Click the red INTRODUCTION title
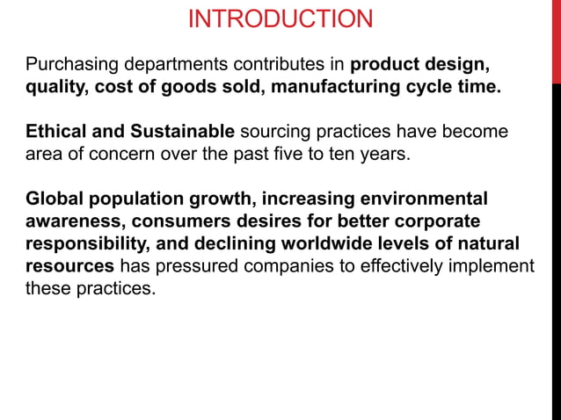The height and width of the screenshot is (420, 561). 280,18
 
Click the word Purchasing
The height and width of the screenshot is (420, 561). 69,65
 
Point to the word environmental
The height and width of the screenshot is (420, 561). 422,199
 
